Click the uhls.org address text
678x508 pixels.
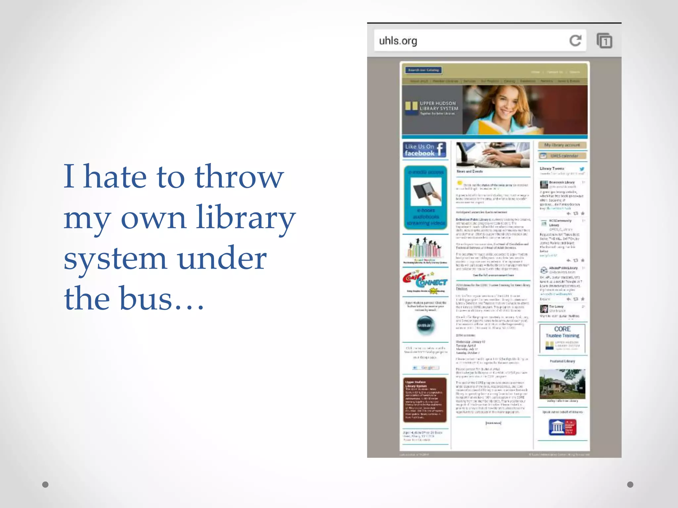398,41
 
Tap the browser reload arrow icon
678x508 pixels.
575,41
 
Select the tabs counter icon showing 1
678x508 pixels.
605,41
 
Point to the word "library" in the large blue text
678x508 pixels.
246,218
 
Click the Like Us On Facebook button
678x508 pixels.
425,150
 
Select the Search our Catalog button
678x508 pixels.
423,70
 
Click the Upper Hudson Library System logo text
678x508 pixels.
439,106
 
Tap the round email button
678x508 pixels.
425,325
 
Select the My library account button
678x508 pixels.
562,145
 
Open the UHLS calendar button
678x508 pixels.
562,156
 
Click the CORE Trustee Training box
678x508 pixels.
562,338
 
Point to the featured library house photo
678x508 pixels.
562,384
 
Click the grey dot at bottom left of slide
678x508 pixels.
45,485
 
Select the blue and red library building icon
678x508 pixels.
562,427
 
